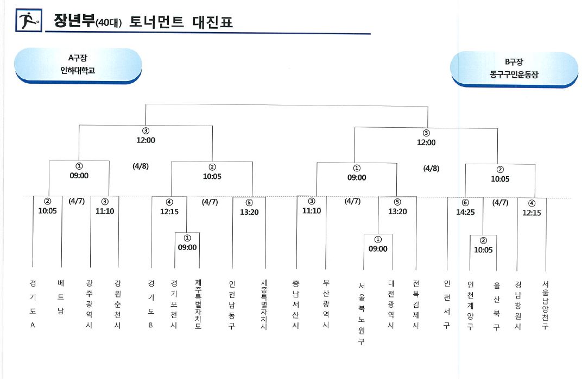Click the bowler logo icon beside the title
tap(29, 20)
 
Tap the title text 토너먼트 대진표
tap(181, 22)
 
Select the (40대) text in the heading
tap(109, 23)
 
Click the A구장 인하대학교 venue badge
tap(78, 65)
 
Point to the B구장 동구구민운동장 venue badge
tap(514, 69)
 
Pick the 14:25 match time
tap(465, 212)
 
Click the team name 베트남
tap(61, 297)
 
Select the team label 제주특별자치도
tap(198, 305)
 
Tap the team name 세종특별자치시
tap(264, 305)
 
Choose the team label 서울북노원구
tap(362, 314)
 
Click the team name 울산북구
tap(497, 306)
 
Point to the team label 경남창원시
tap(518, 306)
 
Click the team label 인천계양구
tap(470, 306)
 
